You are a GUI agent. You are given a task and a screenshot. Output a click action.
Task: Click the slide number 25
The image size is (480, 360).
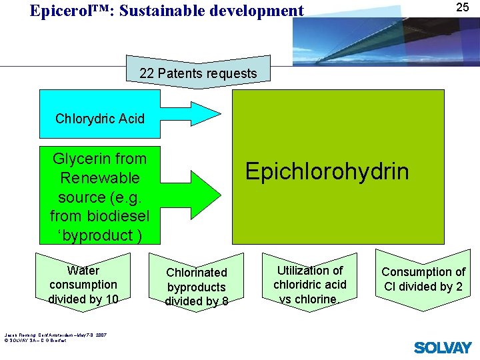[x=463, y=8]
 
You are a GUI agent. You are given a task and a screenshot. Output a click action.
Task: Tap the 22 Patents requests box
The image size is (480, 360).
[x=198, y=73]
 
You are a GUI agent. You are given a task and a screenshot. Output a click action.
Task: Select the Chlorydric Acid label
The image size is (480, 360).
[x=100, y=119]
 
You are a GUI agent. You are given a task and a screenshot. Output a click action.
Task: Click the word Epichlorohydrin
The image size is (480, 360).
[x=327, y=171]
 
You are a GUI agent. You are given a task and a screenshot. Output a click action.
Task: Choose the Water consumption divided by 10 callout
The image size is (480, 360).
[x=83, y=285]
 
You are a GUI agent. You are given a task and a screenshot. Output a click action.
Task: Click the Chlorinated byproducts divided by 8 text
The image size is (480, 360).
[x=196, y=287]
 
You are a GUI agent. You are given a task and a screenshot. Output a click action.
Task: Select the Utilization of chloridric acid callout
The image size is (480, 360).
[x=310, y=285]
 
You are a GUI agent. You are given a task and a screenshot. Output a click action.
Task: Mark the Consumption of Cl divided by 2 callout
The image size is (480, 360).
[x=423, y=279]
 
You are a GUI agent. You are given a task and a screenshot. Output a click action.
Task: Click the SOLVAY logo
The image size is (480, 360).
[x=443, y=347]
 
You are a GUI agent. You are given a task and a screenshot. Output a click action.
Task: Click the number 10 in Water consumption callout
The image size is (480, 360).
[x=111, y=299]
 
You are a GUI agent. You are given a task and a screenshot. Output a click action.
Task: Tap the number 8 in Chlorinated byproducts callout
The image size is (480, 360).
[x=224, y=301]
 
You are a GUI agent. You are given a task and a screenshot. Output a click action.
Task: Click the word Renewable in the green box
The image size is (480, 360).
[x=100, y=178]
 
